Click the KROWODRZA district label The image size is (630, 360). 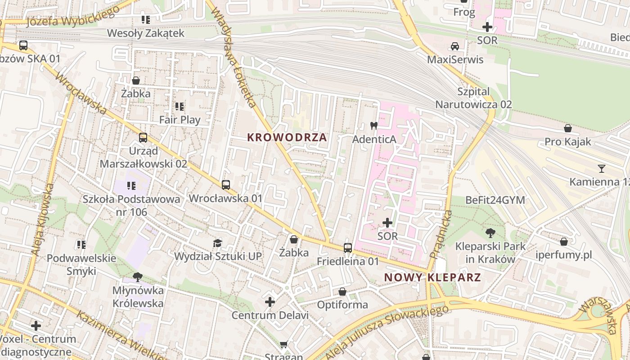click(x=287, y=138)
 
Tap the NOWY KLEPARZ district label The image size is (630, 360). click(x=433, y=278)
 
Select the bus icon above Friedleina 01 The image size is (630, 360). click(x=347, y=248)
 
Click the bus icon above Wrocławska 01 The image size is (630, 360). click(x=225, y=185)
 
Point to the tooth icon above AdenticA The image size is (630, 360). click(x=373, y=126)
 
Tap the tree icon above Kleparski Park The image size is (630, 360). click(x=490, y=233)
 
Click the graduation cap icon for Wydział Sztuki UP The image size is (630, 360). click(x=218, y=243)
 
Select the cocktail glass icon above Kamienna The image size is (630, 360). click(x=601, y=169)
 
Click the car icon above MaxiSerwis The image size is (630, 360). click(x=455, y=46)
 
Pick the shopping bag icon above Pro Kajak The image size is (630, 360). click(x=568, y=129)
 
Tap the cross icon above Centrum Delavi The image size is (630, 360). click(x=270, y=302)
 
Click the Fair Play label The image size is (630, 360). click(x=180, y=120)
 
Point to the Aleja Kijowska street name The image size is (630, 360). click(x=43, y=220)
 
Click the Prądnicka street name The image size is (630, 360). click(x=441, y=234)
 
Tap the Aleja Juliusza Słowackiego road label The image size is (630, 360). click(x=387, y=332)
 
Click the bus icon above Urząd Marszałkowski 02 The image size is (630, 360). click(x=143, y=138)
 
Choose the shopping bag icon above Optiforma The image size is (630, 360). click(x=342, y=292)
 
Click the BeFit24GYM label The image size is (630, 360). click(x=495, y=200)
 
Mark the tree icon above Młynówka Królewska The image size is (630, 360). click(x=138, y=277)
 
